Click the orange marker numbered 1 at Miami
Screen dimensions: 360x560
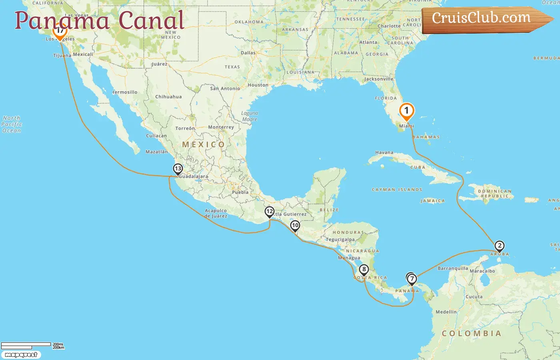click(x=406, y=111)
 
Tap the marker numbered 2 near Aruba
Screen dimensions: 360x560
click(x=499, y=246)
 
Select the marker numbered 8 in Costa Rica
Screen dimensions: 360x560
click(x=364, y=270)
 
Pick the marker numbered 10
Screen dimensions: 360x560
click(x=295, y=226)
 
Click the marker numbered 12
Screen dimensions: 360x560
click(x=270, y=212)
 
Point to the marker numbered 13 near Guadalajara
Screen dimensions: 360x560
click(x=178, y=169)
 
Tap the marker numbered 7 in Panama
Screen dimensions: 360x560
click(x=412, y=279)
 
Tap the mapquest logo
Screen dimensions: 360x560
click(x=21, y=355)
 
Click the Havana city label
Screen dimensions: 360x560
click(x=384, y=153)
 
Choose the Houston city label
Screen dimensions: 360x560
click(x=258, y=85)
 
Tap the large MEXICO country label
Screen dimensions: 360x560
click(x=204, y=144)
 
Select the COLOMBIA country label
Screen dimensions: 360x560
click(x=471, y=333)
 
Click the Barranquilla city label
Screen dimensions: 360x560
click(x=452, y=268)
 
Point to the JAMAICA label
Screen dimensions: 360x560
click(x=432, y=201)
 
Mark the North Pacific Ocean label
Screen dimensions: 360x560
click(x=12, y=124)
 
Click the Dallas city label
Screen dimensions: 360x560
click(x=248, y=53)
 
